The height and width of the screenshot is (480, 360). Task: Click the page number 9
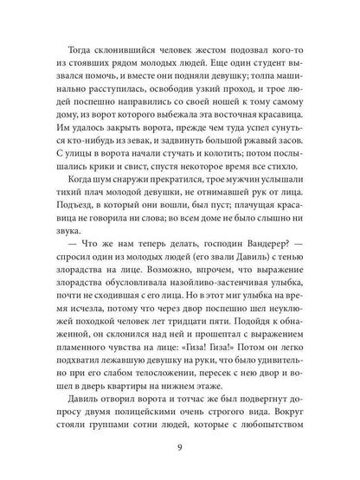click(180, 448)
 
